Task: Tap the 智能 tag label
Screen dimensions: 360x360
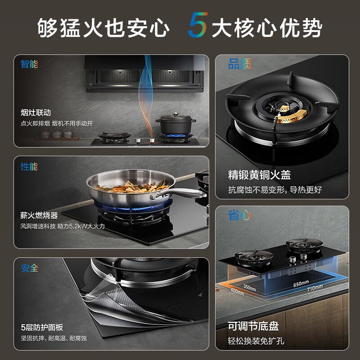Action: pyautogui.click(x=29, y=63)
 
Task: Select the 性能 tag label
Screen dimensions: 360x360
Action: pyautogui.click(x=29, y=166)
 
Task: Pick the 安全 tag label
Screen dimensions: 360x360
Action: pyautogui.click(x=29, y=268)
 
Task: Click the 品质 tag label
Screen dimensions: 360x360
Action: pyautogui.click(x=239, y=64)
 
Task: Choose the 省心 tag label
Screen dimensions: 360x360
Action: pyautogui.click(x=239, y=216)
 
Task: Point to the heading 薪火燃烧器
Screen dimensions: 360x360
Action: pyautogui.click(x=39, y=216)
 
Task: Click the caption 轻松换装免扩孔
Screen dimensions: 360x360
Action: pyautogui.click(x=256, y=341)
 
